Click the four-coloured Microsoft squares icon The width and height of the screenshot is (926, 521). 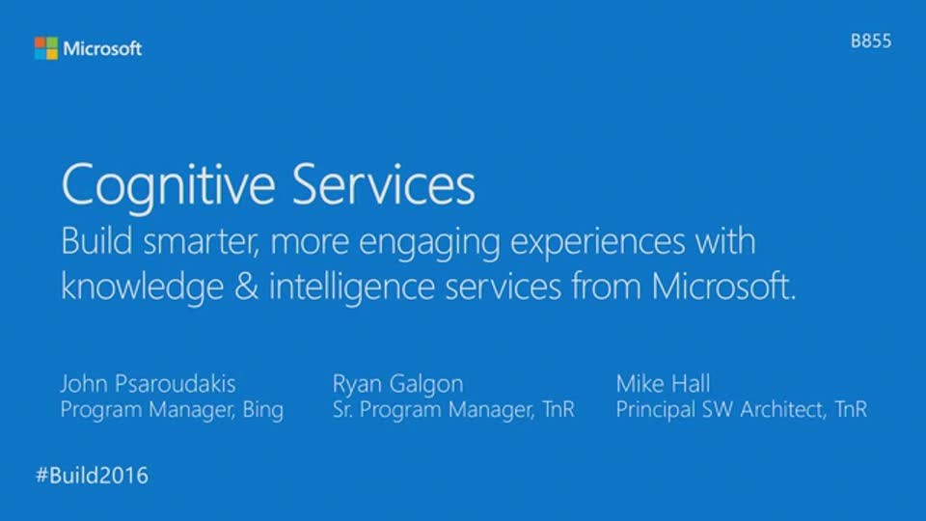tap(46, 48)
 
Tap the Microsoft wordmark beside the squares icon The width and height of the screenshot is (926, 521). tap(102, 48)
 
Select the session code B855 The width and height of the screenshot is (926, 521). tap(871, 41)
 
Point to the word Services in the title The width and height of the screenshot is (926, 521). tap(383, 184)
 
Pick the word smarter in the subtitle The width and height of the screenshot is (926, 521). tap(201, 241)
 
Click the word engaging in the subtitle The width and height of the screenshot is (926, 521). tap(429, 243)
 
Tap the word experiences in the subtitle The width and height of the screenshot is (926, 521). tap(598, 243)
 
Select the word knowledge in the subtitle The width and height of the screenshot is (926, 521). tap(143, 288)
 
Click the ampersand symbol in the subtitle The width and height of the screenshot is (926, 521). tap(246, 287)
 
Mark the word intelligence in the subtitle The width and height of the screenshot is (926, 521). tap(352, 288)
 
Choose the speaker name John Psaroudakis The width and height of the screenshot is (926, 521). tap(149, 384)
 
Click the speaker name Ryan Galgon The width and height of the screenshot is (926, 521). tap(398, 385)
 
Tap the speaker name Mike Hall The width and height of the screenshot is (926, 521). tap(664, 384)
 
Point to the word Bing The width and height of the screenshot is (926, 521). tap(263, 410)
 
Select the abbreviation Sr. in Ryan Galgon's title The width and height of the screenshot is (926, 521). tap(342, 409)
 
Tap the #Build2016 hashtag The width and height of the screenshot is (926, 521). tap(93, 476)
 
